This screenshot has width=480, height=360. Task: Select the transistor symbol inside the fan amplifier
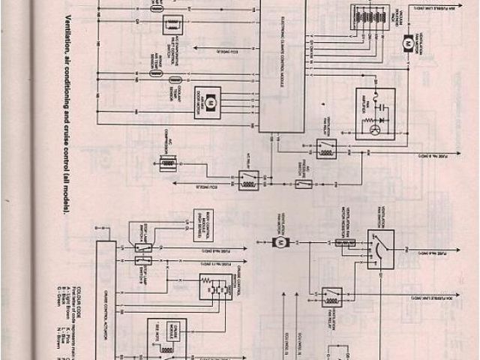pos(375,129)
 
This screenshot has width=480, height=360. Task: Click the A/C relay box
pos(248,179)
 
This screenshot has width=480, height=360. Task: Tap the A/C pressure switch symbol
pos(304,183)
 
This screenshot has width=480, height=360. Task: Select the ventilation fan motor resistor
pos(344,242)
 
